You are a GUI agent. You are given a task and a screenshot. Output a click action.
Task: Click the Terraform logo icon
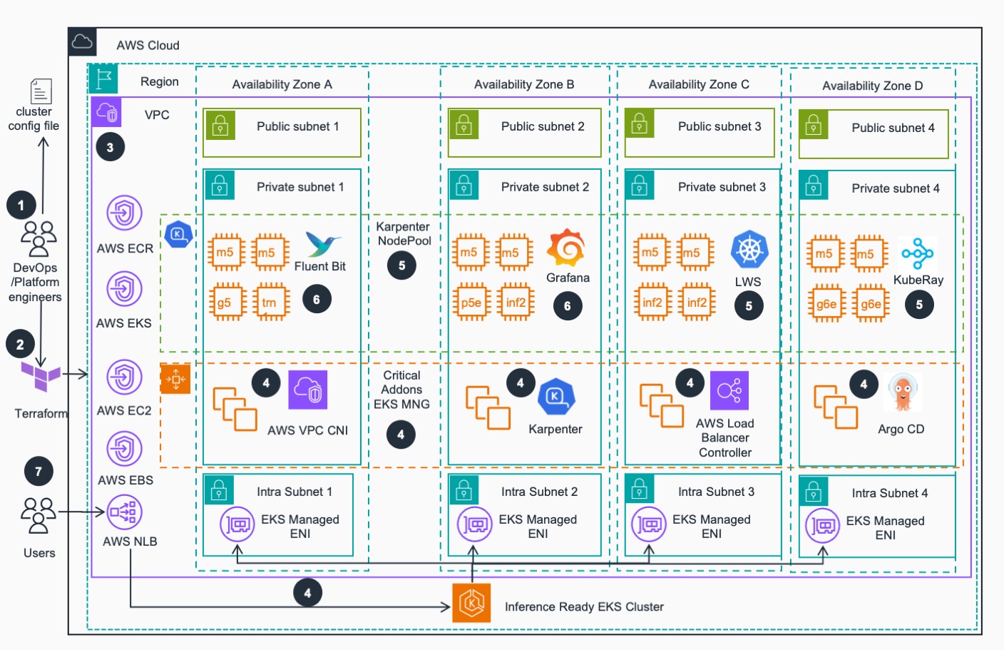(x=41, y=375)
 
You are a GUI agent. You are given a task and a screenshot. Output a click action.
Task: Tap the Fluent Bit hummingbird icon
(x=322, y=245)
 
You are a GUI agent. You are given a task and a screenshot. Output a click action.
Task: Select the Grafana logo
(x=566, y=248)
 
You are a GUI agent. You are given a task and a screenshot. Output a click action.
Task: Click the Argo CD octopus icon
(x=903, y=393)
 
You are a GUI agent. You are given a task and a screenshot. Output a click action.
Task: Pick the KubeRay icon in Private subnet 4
(x=917, y=254)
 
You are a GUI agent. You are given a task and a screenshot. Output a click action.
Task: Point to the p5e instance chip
(x=471, y=303)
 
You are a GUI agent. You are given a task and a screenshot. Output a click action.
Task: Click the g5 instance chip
(x=226, y=303)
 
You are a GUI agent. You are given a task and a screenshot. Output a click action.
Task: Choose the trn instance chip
(x=270, y=303)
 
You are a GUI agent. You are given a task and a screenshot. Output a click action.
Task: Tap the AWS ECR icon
(x=125, y=213)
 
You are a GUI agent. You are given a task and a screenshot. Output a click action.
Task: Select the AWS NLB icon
(x=125, y=512)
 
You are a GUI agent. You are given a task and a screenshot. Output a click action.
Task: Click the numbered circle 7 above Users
(x=39, y=472)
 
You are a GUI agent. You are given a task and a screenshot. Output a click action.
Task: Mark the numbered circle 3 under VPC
(x=110, y=148)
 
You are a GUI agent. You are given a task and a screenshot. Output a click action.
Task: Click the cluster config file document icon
(x=41, y=91)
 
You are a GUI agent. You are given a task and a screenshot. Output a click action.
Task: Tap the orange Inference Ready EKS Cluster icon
(x=471, y=603)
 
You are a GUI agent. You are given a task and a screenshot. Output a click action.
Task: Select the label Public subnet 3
(x=719, y=126)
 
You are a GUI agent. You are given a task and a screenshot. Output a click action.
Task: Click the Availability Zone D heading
(x=872, y=86)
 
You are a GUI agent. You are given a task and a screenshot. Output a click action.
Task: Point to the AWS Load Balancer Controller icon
(x=729, y=390)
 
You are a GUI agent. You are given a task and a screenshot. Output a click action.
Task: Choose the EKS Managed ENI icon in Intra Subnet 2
(x=474, y=525)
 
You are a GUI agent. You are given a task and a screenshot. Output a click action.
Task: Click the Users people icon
(x=39, y=516)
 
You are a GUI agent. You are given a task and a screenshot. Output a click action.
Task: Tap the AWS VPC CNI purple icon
(x=307, y=390)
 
